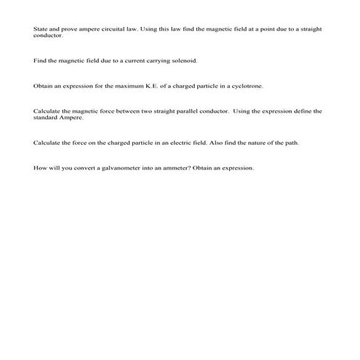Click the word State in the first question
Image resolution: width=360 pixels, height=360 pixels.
pyautogui.click(x=40, y=29)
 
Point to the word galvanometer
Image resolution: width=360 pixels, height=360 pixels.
pyautogui.click(x=109, y=168)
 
